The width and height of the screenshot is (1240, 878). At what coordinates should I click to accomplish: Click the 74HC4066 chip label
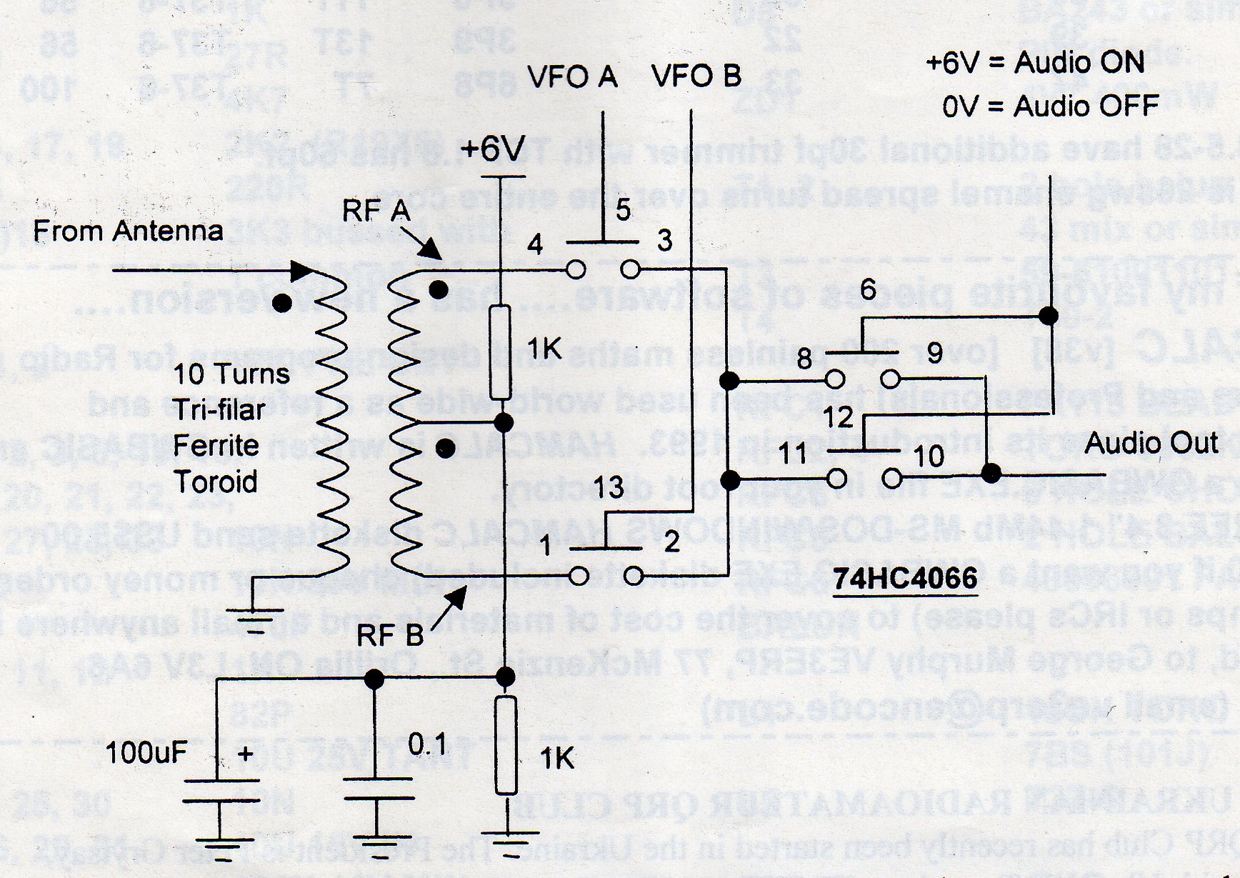click(x=905, y=577)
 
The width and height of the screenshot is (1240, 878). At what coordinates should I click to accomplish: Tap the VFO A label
click(x=572, y=76)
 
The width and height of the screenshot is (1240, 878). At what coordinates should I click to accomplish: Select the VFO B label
click(x=697, y=76)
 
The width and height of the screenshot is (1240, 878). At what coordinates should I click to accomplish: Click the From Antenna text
click(x=129, y=231)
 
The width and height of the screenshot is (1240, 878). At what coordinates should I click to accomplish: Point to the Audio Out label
click(x=1151, y=443)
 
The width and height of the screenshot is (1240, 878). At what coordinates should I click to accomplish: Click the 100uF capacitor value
click(x=146, y=752)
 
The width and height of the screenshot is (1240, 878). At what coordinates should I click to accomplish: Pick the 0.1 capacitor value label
click(x=426, y=745)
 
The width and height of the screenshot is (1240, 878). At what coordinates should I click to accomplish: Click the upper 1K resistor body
click(x=500, y=352)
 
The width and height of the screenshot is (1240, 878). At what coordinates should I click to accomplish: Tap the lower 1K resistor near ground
click(x=506, y=746)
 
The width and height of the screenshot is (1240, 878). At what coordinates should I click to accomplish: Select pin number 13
click(x=609, y=488)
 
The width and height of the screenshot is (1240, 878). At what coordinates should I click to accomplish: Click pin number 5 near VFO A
click(x=623, y=210)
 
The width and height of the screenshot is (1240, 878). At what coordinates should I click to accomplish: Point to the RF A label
click(x=376, y=211)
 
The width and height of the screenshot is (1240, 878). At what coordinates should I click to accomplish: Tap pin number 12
click(x=838, y=417)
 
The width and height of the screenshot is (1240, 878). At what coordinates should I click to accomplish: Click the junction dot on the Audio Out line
click(x=991, y=473)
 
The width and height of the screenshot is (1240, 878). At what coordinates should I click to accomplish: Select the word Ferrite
click(x=216, y=445)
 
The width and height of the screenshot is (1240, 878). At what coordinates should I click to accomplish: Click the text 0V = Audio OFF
click(x=1049, y=106)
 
